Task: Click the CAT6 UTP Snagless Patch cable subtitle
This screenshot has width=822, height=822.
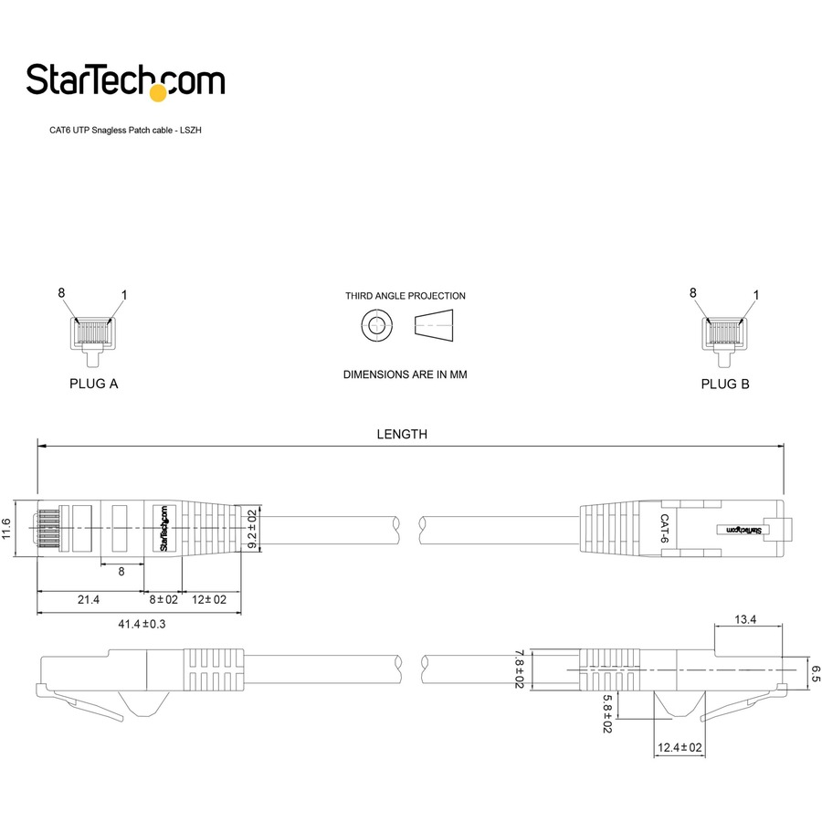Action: pos(125,131)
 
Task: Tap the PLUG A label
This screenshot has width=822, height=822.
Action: pos(94,384)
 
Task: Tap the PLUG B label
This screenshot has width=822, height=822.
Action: pos(725,384)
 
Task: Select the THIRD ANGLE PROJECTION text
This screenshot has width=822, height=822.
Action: pos(405,296)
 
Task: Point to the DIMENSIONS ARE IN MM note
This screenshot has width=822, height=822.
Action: pos(405,374)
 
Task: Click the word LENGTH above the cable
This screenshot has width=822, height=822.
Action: pos(402,435)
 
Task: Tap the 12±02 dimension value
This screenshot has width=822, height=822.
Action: pos(209,599)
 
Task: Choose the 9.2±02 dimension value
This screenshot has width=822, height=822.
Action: pos(252,527)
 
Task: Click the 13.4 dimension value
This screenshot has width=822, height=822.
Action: pos(746,619)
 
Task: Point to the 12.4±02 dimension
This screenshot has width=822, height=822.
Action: pos(680,748)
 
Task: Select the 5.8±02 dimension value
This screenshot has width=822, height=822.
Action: pos(606,711)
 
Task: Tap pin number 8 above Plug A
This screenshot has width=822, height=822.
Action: pos(62,293)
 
